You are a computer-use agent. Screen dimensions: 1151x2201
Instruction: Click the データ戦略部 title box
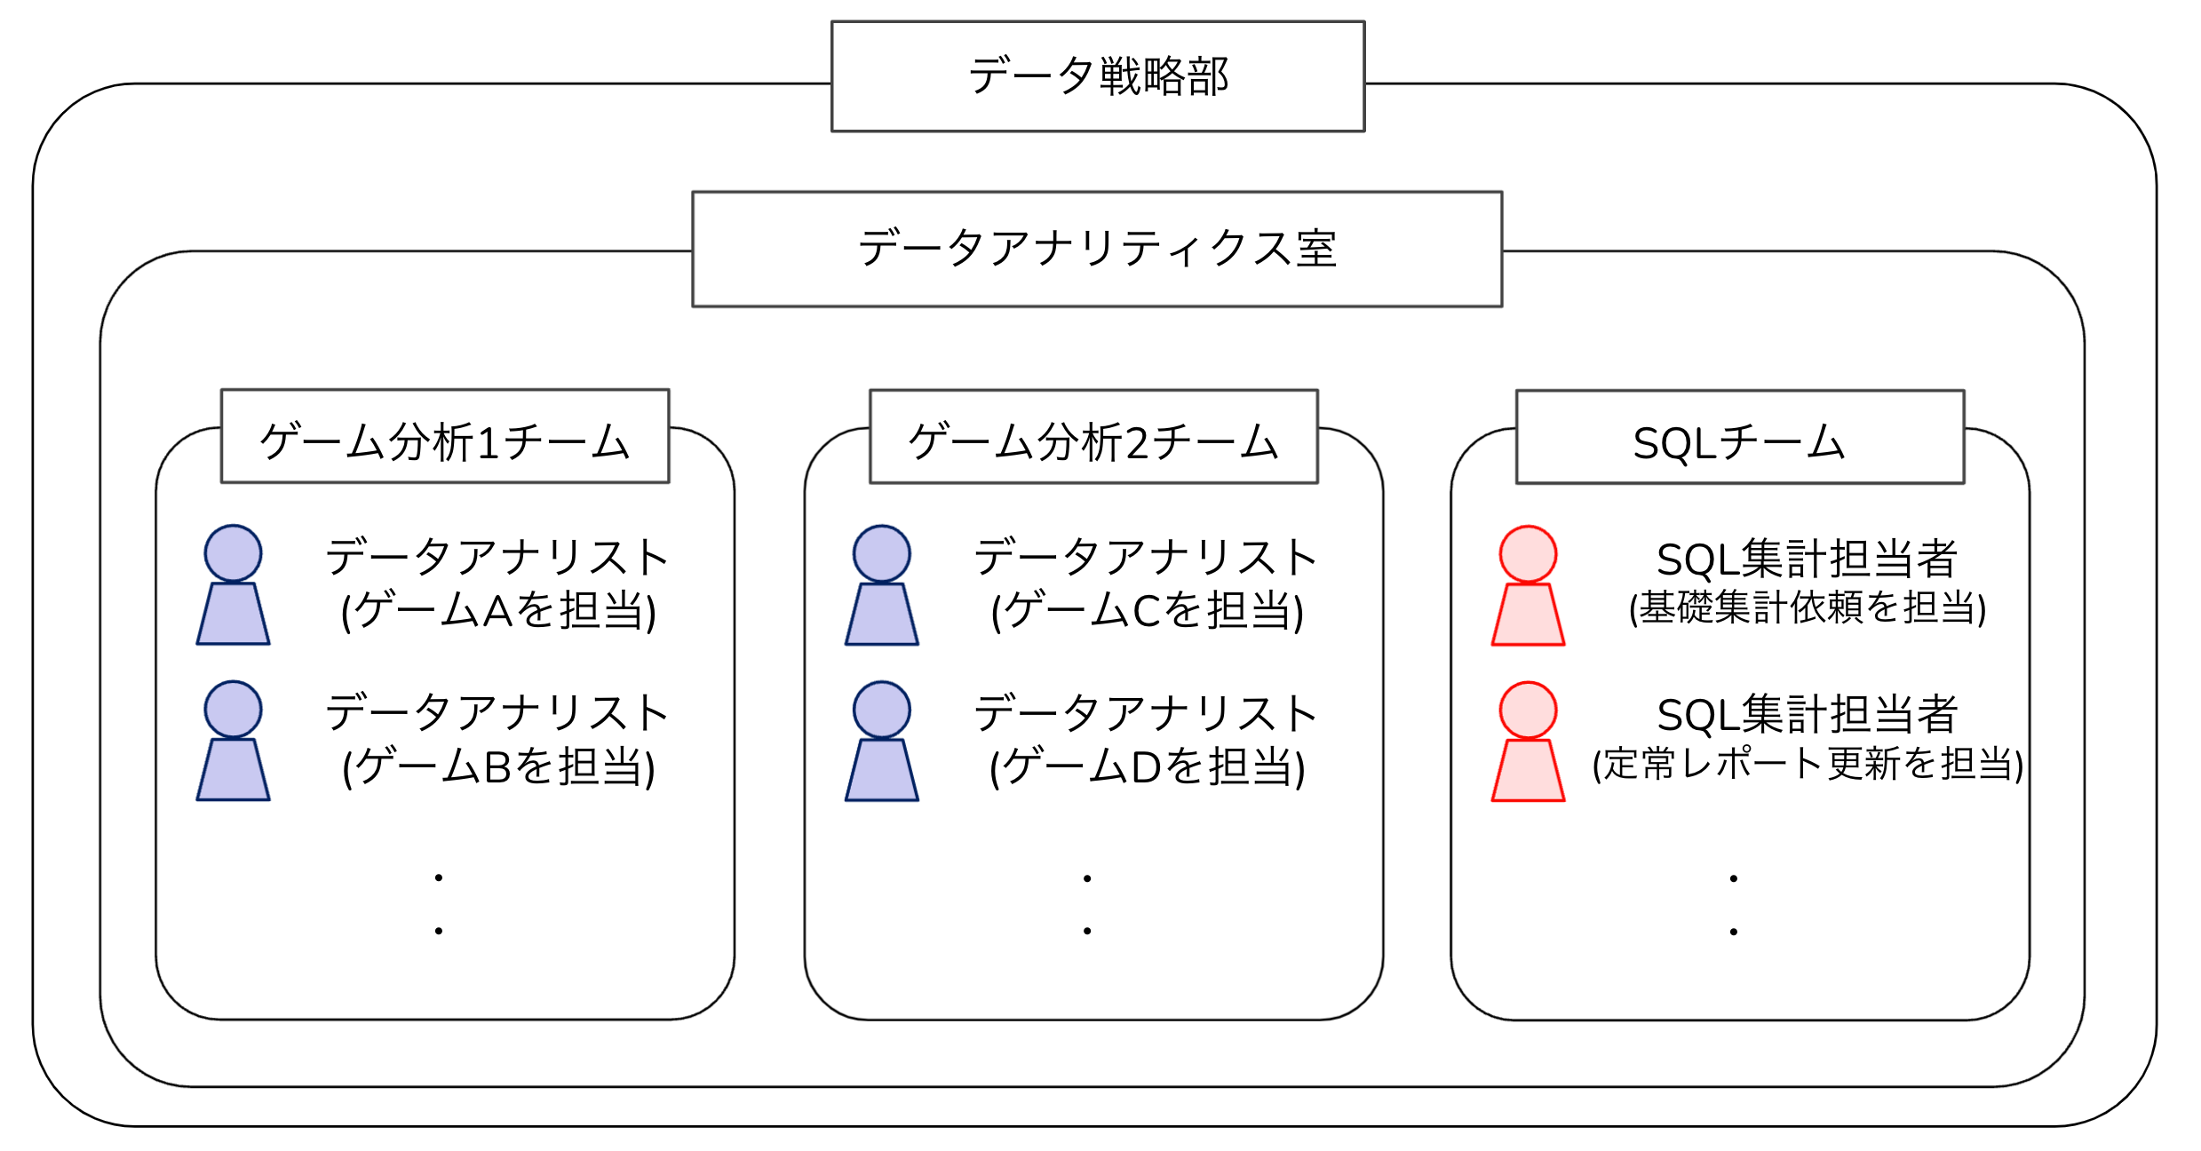(1098, 76)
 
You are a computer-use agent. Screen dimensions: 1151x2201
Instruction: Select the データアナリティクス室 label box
(1097, 249)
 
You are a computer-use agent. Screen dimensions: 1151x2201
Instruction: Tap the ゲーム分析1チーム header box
(445, 437)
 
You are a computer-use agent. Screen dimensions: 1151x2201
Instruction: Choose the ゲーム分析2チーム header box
(1093, 437)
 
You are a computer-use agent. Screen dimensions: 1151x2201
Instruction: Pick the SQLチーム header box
(1740, 438)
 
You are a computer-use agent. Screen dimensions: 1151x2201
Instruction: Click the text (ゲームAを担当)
(498, 611)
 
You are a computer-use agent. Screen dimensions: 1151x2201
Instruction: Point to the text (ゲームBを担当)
(498, 767)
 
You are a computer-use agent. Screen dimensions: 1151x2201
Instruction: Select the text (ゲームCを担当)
(1147, 611)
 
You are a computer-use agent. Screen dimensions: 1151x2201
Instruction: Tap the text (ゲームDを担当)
(1147, 767)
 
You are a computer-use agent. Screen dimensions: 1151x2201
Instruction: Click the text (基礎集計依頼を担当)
(1807, 608)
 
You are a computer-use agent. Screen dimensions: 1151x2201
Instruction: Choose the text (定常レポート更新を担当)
(1807, 765)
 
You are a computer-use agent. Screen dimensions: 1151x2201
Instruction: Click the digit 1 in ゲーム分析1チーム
(488, 443)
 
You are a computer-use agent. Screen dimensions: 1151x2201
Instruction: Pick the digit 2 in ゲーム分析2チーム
(1137, 443)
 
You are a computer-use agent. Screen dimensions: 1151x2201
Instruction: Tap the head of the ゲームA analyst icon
(233, 553)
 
